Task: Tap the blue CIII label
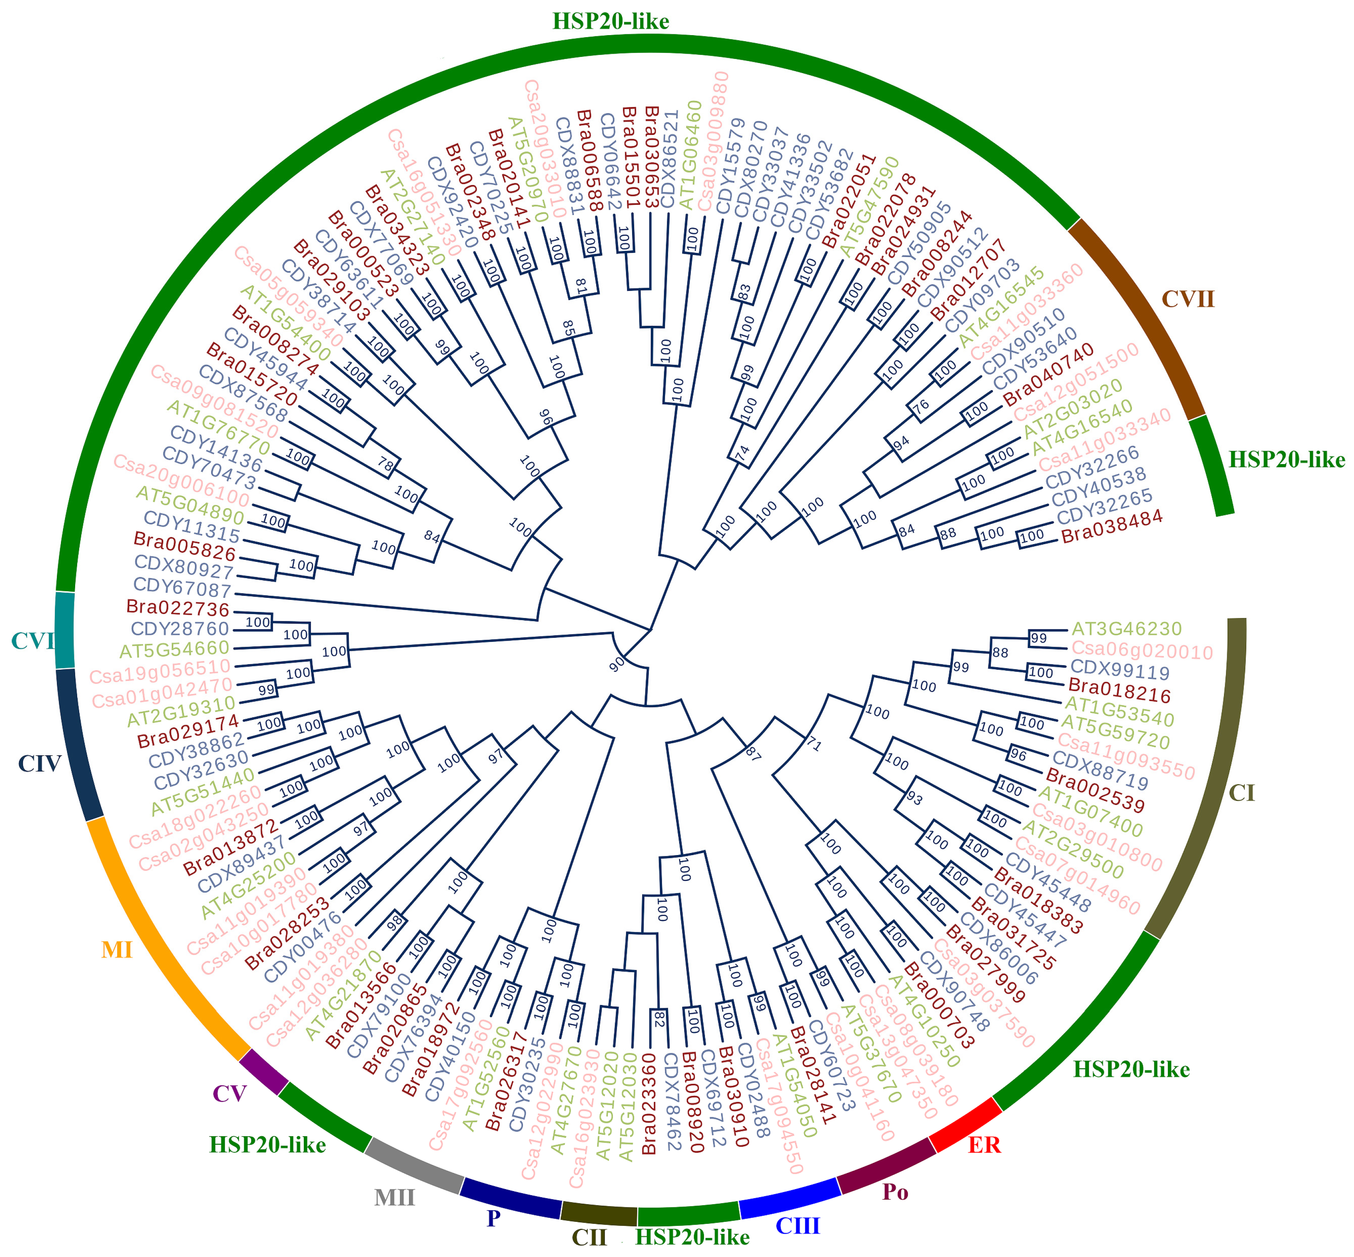[798, 1226]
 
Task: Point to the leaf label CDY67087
[182, 587]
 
